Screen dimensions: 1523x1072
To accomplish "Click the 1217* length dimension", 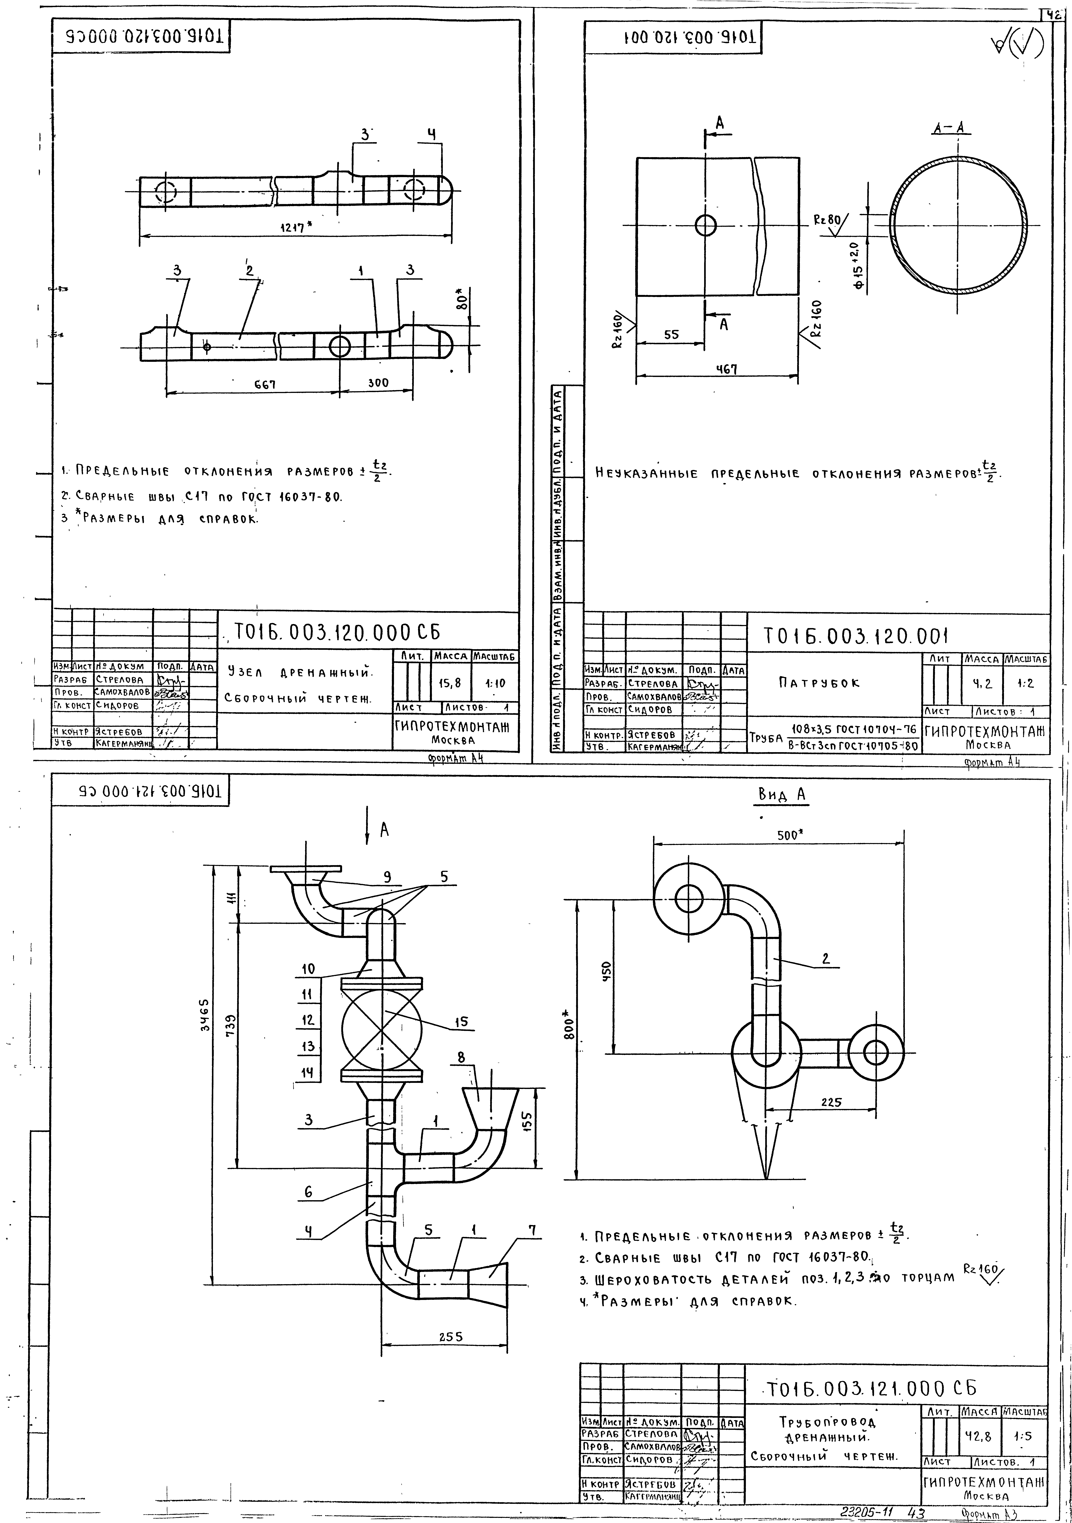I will point(292,228).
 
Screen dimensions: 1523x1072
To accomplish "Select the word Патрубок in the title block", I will point(819,683).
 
